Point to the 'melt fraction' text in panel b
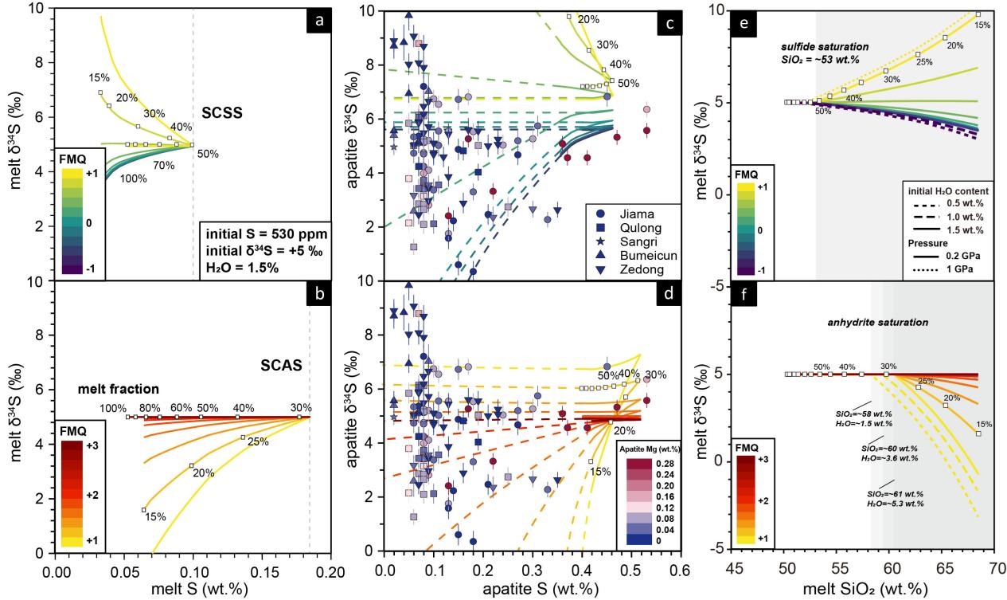click(118, 389)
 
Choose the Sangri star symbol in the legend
click(602, 241)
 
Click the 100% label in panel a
click(133, 178)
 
